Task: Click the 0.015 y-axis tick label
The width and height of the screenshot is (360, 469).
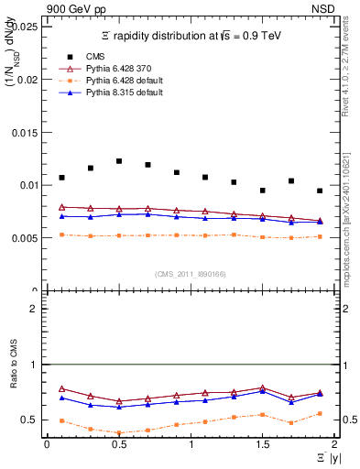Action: tap(25, 132)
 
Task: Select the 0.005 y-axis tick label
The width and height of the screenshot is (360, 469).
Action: tap(25, 237)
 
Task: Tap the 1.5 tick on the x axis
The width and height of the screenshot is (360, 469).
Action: tap(262, 444)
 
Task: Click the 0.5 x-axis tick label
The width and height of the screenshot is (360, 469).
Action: tap(118, 444)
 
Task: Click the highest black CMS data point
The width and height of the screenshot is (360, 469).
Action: tap(119, 161)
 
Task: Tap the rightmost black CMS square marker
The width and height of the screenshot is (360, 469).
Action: tap(320, 191)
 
